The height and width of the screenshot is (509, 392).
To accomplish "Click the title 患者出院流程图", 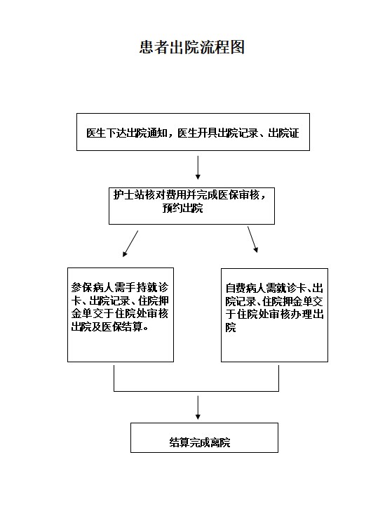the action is (191, 48).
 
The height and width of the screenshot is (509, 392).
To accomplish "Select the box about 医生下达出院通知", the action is (193, 132).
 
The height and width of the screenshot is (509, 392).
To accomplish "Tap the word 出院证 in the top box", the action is (283, 133).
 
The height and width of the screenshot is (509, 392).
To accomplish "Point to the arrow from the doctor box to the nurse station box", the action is (198, 168).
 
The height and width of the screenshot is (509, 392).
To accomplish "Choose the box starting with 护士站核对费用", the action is (191, 206).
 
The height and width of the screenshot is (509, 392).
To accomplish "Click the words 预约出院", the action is (182, 208).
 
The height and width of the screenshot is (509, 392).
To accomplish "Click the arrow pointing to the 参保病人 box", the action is (130, 244).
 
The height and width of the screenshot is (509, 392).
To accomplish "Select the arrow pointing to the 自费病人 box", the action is (253, 239).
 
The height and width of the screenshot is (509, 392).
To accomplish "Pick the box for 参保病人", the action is (121, 315).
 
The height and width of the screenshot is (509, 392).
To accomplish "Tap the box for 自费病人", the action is (274, 315).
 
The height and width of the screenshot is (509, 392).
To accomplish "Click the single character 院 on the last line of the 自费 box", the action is (231, 328).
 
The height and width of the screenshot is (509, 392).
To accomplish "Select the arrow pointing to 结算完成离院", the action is (198, 407).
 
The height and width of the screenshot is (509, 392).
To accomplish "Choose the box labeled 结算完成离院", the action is (204, 437).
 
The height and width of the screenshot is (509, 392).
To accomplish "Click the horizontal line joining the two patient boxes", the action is (196, 391).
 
